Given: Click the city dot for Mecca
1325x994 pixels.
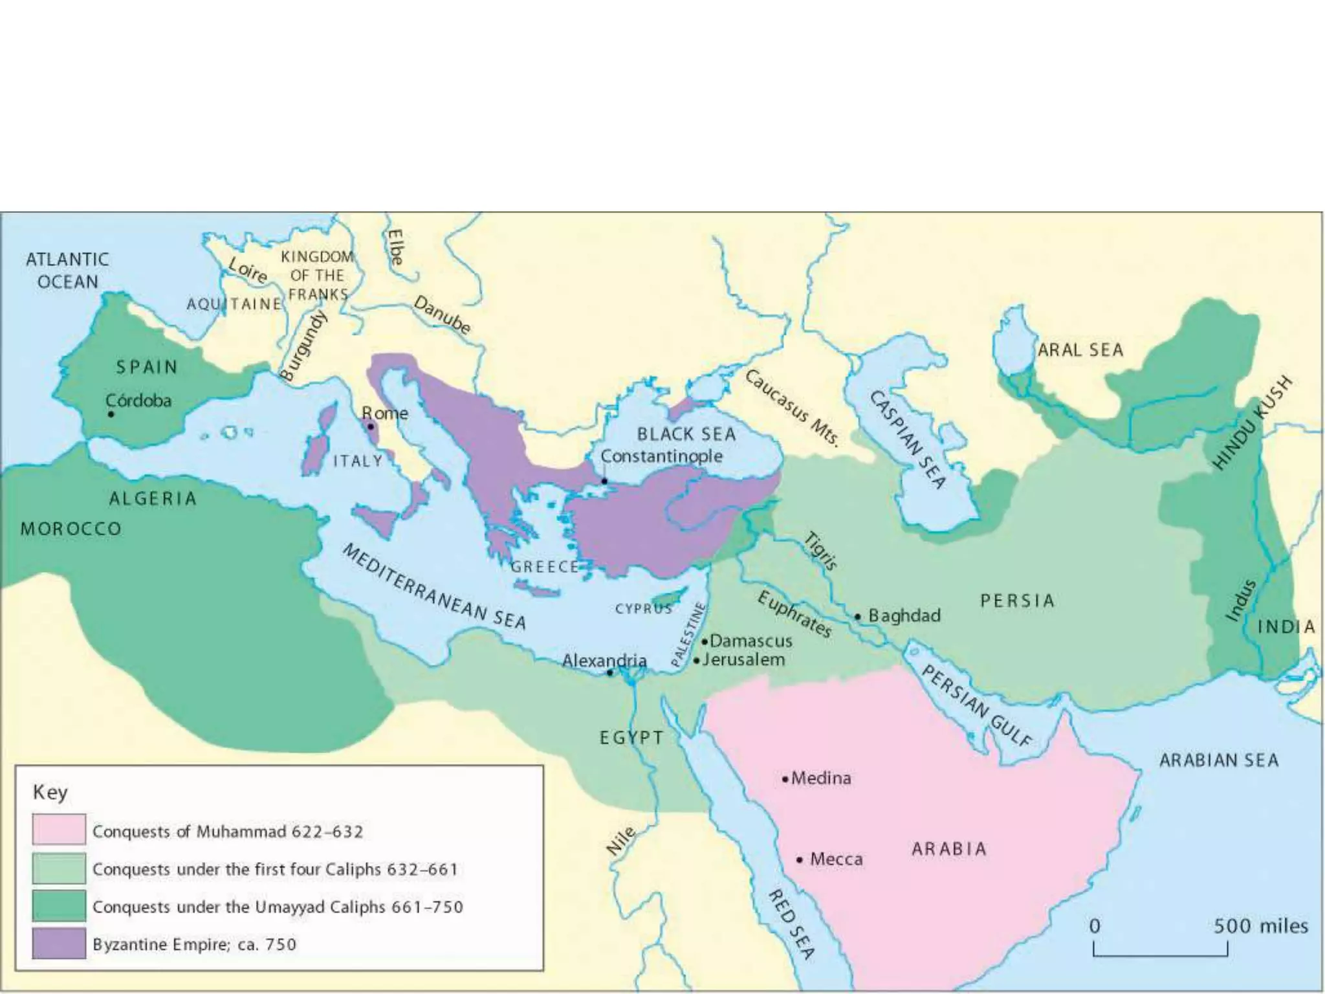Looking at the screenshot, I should tap(800, 860).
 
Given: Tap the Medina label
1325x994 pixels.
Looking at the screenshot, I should tap(820, 778).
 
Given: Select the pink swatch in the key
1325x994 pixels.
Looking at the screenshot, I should tap(59, 830).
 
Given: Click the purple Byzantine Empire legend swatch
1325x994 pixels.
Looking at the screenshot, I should tap(59, 943).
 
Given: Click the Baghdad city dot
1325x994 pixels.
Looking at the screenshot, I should tap(858, 617).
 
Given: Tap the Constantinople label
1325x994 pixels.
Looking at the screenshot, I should tap(661, 456).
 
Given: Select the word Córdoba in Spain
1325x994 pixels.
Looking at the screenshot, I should tap(138, 401).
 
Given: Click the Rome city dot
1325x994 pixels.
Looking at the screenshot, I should tap(371, 427).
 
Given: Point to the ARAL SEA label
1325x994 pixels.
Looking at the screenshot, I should tap(1080, 350).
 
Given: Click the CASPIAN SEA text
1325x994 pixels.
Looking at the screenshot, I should tap(908, 440).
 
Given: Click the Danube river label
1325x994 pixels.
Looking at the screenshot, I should tap(442, 315).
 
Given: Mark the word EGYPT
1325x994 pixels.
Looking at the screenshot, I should tap(631, 738).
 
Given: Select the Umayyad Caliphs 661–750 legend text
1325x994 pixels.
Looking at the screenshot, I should tap(278, 907).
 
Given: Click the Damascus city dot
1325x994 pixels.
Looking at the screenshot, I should tap(705, 642).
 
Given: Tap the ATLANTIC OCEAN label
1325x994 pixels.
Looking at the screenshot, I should tap(67, 271).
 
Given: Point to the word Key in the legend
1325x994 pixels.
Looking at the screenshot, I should tap(50, 792).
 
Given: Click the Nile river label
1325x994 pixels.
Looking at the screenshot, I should tap(620, 842).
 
